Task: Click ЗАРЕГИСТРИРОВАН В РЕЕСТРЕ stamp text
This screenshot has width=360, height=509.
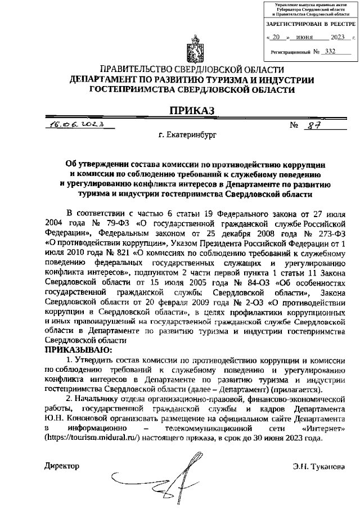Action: (310, 24)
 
